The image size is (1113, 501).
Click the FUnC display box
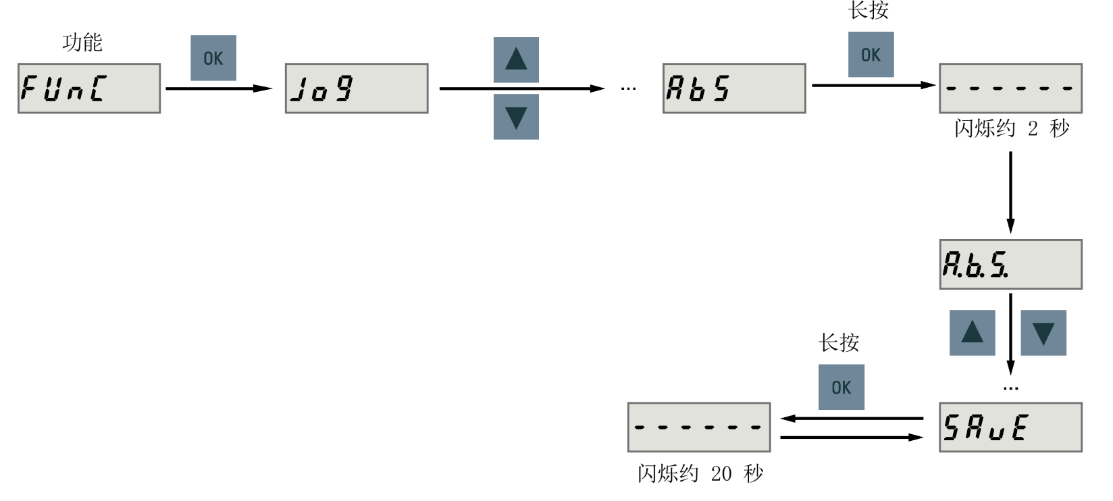pyautogui.click(x=89, y=88)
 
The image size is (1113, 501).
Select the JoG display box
pyautogui.click(x=357, y=88)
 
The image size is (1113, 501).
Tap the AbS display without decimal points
pyautogui.click(x=734, y=88)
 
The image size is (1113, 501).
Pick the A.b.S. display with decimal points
pyautogui.click(x=1010, y=264)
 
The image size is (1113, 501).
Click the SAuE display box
pyautogui.click(x=1010, y=427)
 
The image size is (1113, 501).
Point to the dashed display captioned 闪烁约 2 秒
pyautogui.click(x=1010, y=88)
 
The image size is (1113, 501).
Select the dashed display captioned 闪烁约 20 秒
pyautogui.click(x=699, y=427)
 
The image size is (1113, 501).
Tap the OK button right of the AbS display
pyautogui.click(x=871, y=55)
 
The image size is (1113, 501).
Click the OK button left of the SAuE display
pyautogui.click(x=842, y=388)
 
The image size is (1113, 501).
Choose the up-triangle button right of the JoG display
pyautogui.click(x=516, y=60)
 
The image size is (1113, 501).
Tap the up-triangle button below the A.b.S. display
pyautogui.click(x=973, y=333)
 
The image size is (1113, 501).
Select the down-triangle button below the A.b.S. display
pyautogui.click(x=1043, y=333)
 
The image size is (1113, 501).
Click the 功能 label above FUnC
pyautogui.click(x=82, y=43)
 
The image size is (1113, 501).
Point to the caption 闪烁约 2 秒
pyautogui.click(x=1012, y=128)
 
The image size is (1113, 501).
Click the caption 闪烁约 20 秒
pyautogui.click(x=700, y=473)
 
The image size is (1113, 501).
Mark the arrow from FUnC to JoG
pyautogui.click(x=218, y=88)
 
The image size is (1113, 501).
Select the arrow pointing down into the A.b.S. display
pyautogui.click(x=1010, y=192)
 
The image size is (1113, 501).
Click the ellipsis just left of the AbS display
pyautogui.click(x=628, y=88)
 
